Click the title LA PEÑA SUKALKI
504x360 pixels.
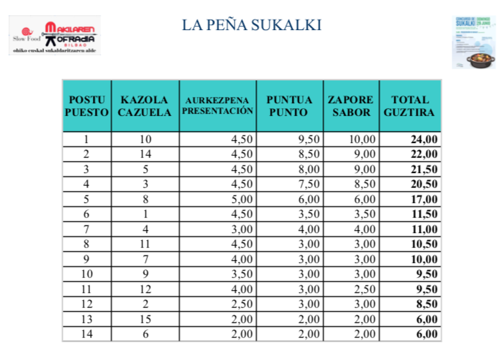[x=251, y=25]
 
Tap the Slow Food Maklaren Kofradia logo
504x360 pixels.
[x=55, y=35]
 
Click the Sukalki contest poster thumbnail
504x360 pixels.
[x=473, y=41]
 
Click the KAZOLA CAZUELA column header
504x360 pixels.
[x=144, y=105]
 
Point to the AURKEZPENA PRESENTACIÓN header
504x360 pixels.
[x=217, y=105]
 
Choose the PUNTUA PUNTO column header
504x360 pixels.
[x=288, y=105]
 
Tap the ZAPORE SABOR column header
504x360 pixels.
[x=350, y=105]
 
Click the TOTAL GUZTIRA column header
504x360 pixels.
[x=410, y=105]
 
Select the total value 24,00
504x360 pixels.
[x=424, y=140]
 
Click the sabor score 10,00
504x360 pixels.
[x=362, y=140]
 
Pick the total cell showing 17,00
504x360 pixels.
[x=424, y=199]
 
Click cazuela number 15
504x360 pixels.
[x=144, y=319]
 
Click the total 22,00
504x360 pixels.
[x=424, y=154]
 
